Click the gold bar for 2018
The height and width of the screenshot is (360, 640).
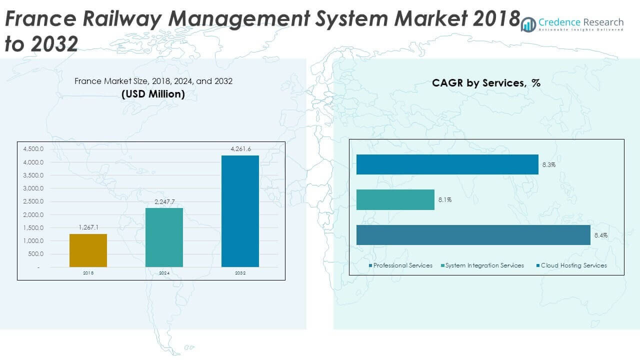(x=88, y=250)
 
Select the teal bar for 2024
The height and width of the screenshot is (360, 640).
(x=164, y=237)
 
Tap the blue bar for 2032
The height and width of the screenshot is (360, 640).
(x=240, y=211)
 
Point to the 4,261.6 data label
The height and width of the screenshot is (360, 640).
(x=240, y=149)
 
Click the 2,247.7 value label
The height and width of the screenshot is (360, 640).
(x=164, y=201)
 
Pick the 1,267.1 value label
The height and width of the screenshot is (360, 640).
(x=88, y=227)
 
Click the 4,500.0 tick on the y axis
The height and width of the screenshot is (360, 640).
(x=33, y=149)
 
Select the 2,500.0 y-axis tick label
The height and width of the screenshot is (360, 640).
(x=33, y=201)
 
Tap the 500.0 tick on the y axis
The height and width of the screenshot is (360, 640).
(x=36, y=254)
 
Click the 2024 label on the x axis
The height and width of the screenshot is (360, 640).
(x=164, y=273)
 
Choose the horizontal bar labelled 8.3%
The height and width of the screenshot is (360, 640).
(x=447, y=164)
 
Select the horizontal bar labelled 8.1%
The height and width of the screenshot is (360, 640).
(x=395, y=199)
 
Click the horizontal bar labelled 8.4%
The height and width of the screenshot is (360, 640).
(x=473, y=235)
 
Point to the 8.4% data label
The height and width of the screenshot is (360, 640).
(x=600, y=235)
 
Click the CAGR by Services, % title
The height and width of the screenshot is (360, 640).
(x=486, y=83)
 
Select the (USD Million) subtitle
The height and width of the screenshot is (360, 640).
(x=153, y=93)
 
